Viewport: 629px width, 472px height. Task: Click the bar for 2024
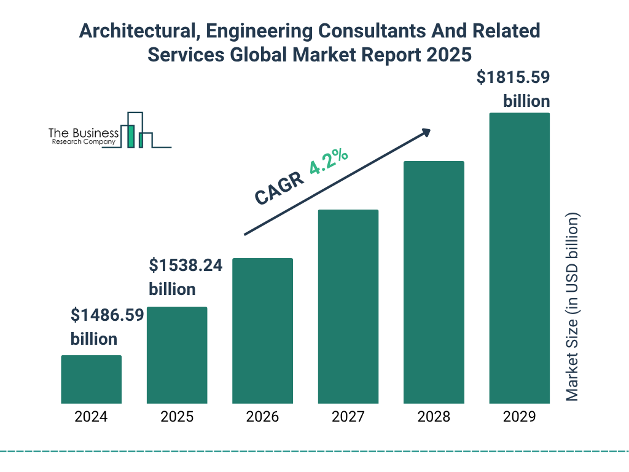[x=91, y=379]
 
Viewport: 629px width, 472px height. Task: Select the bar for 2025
[x=177, y=355]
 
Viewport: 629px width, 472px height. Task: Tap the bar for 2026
[x=262, y=331]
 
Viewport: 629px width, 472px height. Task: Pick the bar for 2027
[x=348, y=306]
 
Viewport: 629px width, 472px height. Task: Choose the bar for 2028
[x=434, y=282]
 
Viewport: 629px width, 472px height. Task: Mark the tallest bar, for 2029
[x=519, y=258]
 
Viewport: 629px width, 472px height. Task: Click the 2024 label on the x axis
[x=91, y=417]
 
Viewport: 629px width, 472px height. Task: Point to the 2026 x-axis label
[x=262, y=417]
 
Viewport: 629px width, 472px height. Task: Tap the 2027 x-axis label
[x=348, y=417]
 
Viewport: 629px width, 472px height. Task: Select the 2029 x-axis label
[x=519, y=417]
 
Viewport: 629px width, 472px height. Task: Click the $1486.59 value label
[x=107, y=316]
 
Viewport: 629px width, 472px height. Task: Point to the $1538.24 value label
[x=186, y=265]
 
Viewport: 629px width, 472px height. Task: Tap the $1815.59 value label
[x=514, y=78]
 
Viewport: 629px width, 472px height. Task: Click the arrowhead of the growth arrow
[x=426, y=133]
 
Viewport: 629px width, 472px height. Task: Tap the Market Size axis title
[x=572, y=307]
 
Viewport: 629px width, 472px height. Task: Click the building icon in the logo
[x=136, y=131]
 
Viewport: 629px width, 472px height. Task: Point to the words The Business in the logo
[x=84, y=133]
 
